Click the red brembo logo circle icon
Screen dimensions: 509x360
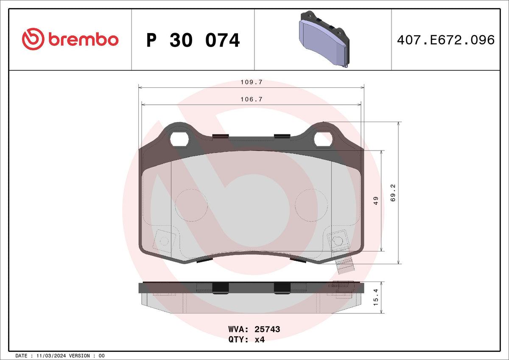[x=33, y=39]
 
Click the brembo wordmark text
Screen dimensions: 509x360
[x=84, y=39]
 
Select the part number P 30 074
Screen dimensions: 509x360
[x=193, y=40]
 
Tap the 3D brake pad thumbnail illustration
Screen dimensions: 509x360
[x=324, y=39]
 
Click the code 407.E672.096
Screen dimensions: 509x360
[x=446, y=40]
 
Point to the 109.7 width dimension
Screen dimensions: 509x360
[x=252, y=82]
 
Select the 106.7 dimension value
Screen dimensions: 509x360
[x=252, y=99]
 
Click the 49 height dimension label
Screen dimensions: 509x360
[x=376, y=201]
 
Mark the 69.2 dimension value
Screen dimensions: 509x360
[x=393, y=193]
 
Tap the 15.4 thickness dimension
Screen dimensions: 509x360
[x=376, y=297]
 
